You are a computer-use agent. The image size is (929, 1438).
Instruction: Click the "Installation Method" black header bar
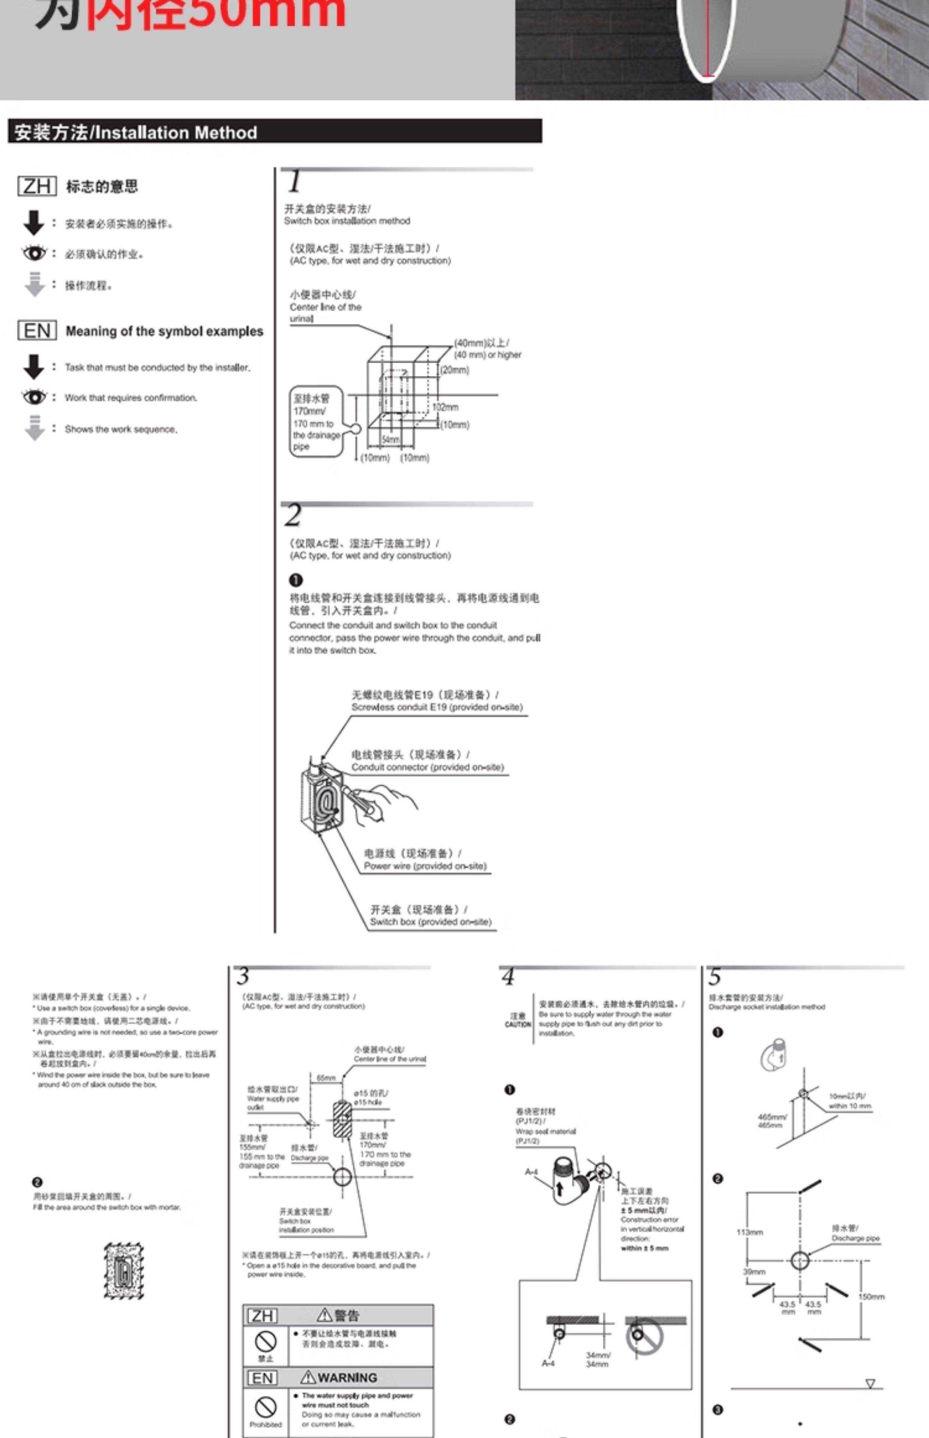275,131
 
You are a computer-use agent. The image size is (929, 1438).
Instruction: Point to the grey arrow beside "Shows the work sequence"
35,428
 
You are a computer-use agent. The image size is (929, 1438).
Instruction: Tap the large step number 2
293,516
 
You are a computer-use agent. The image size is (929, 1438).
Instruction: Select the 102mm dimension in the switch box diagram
445,407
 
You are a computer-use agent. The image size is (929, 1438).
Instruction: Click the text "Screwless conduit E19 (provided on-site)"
437,707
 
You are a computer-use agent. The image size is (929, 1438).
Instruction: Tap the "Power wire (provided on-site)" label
425,866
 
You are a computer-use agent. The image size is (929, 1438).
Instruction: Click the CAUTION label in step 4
518,1024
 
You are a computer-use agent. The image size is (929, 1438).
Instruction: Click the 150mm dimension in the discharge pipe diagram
872,1296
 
